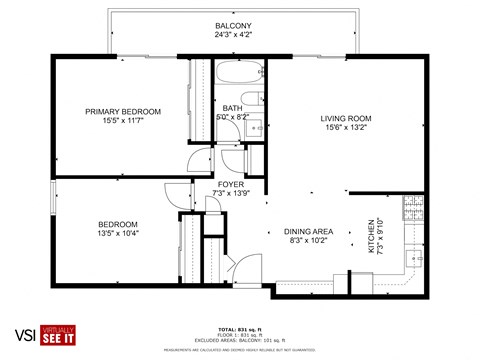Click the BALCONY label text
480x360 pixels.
233,26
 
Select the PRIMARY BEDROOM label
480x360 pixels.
123,111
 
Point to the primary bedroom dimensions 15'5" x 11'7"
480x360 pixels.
123,121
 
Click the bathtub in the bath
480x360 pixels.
239,74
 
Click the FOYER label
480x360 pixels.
230,184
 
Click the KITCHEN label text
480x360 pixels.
371,236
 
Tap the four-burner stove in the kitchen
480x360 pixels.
413,207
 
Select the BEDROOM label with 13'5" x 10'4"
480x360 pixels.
118,224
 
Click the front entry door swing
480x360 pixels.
241,265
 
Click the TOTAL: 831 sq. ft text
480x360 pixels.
239,328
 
